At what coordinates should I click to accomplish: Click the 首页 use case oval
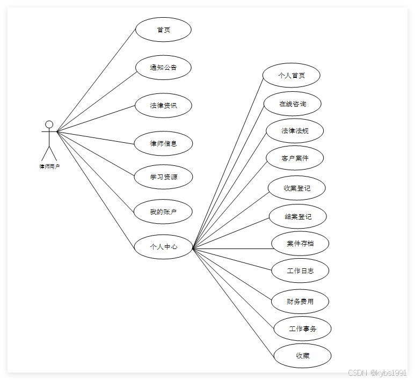click(163, 30)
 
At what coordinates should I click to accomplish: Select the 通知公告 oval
click(163, 68)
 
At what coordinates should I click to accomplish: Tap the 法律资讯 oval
click(163, 105)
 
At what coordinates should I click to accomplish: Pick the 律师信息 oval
click(163, 143)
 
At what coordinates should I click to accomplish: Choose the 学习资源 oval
click(163, 177)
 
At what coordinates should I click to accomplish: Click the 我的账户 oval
click(163, 212)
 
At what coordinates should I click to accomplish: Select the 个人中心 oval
click(163, 247)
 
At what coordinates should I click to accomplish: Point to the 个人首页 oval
click(292, 75)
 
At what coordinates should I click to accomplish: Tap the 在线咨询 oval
click(293, 104)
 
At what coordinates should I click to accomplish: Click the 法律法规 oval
click(295, 130)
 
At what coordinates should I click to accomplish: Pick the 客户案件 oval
click(295, 158)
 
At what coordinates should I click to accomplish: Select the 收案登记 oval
click(297, 188)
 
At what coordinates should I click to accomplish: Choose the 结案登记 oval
click(298, 217)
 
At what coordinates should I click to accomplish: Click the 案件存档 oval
click(300, 244)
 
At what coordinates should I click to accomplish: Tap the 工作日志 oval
click(300, 271)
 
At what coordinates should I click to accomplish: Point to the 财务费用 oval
click(300, 301)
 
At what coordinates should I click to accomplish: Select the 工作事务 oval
click(302, 328)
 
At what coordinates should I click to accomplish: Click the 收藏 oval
click(302, 355)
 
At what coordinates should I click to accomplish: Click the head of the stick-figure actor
click(49, 125)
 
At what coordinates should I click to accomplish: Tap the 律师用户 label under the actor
click(49, 166)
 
